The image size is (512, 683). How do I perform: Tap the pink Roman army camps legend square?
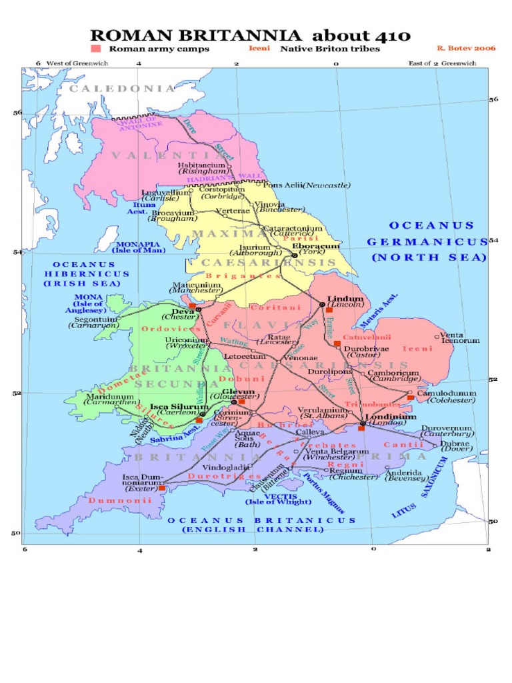[x=96, y=49]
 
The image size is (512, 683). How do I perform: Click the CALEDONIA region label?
[x=123, y=88]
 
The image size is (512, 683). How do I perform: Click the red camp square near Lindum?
[x=329, y=310]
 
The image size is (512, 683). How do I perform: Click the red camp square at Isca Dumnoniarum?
[x=162, y=488]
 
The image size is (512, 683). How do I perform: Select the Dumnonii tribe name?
[x=120, y=500]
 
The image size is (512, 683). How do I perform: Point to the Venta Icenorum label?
[x=461, y=337]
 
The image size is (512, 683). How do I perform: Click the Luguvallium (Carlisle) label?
[x=164, y=195]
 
